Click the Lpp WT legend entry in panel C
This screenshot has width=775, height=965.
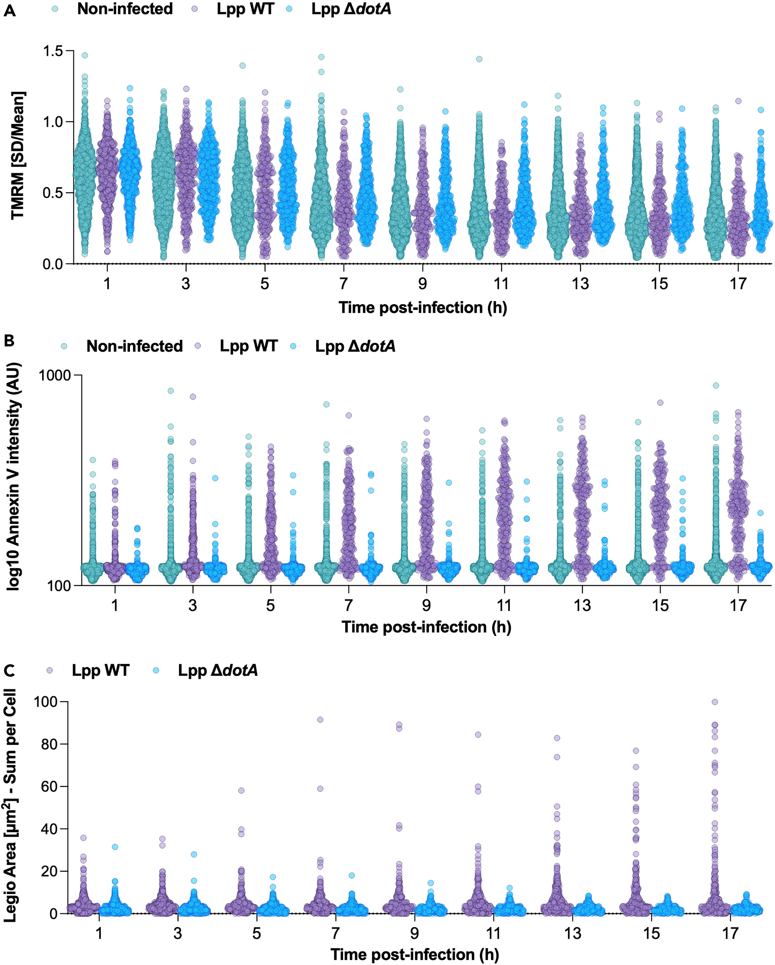tap(101, 670)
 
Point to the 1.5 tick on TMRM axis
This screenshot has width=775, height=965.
tap(53, 51)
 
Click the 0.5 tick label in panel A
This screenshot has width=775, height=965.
tap(53, 193)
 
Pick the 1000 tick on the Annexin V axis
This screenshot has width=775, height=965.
tap(55, 375)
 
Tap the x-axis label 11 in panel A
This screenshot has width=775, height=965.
tap(501, 284)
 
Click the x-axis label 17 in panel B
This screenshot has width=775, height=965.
tap(738, 606)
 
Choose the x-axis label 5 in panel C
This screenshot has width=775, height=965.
tap(256, 934)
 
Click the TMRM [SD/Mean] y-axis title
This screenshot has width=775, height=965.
tap(18, 155)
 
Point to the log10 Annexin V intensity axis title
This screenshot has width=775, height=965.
tap(14, 476)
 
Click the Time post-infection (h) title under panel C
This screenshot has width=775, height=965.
tap(415, 955)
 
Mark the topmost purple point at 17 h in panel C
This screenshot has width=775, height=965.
tap(715, 702)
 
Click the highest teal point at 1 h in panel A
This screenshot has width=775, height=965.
tap(85, 55)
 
